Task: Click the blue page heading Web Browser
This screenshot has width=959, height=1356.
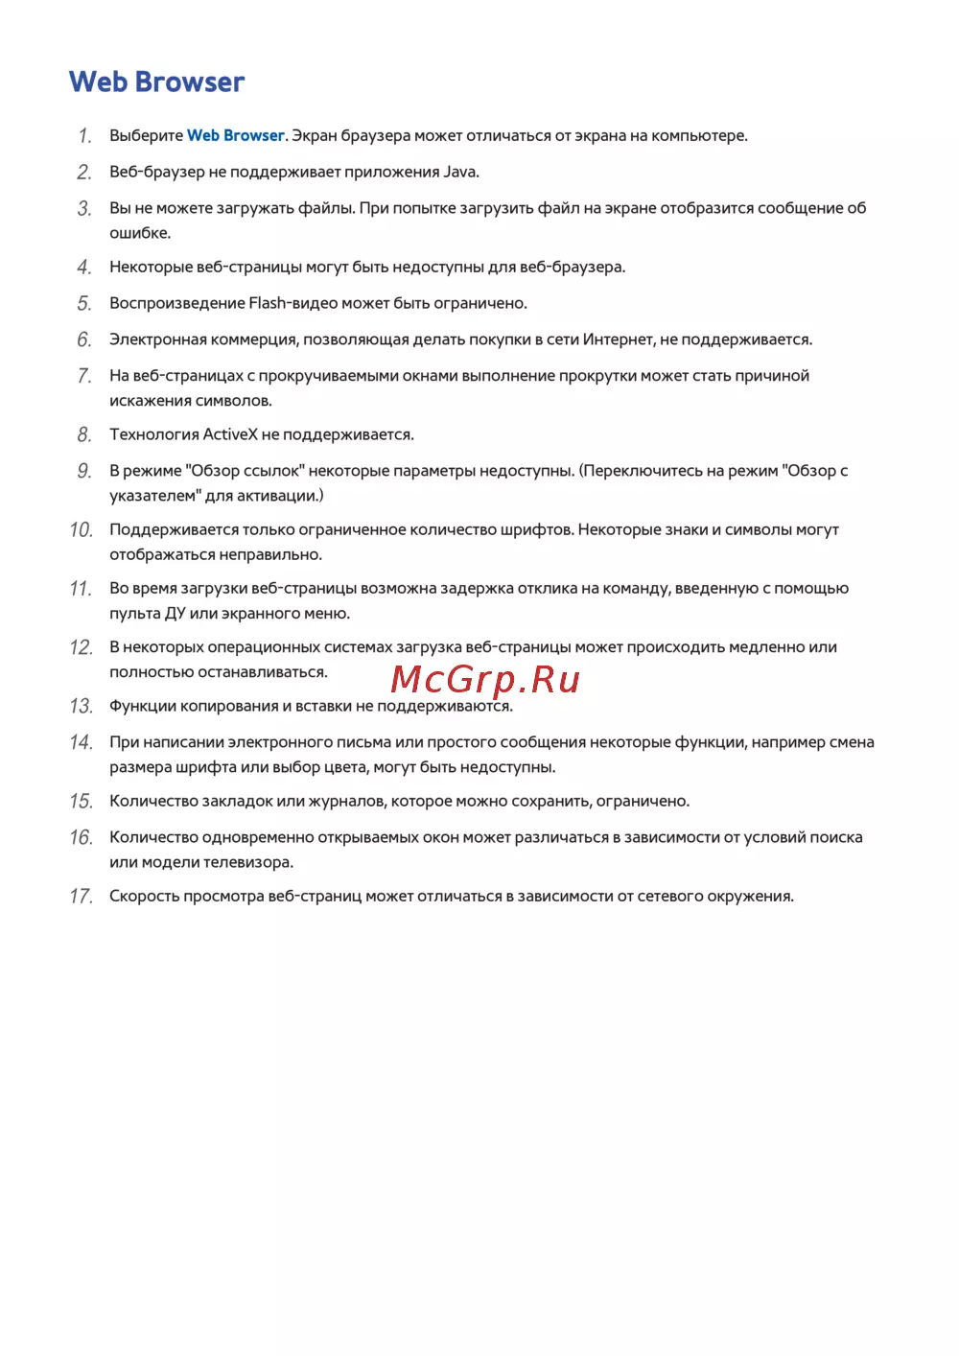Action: click(156, 82)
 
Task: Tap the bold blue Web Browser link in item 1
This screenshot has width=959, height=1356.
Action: click(235, 135)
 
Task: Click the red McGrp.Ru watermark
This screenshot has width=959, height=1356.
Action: click(485, 679)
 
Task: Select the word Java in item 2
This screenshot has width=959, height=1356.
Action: click(459, 172)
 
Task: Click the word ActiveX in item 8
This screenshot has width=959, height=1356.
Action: click(230, 434)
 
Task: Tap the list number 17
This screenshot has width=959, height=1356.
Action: click(82, 896)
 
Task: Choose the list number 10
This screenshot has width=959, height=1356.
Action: click(82, 529)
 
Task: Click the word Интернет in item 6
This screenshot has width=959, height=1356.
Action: click(617, 339)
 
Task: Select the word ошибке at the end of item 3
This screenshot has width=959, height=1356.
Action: click(139, 233)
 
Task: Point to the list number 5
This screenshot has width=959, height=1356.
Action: click(84, 303)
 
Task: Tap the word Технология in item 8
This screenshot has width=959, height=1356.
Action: click(153, 434)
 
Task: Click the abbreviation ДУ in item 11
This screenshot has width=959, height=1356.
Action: click(175, 614)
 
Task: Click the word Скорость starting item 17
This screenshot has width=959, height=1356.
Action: click(144, 896)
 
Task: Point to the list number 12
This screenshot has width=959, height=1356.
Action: click(82, 647)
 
